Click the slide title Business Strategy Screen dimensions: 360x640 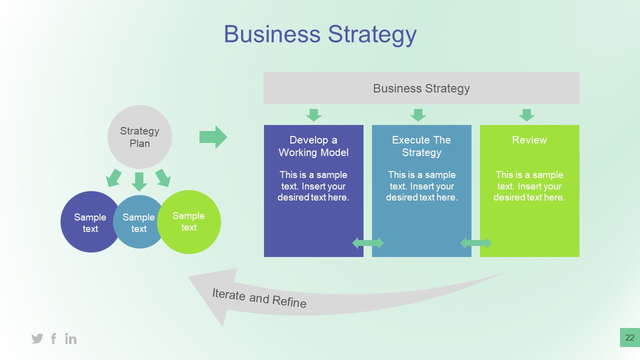tap(320, 34)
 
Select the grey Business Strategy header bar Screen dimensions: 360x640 tap(421, 88)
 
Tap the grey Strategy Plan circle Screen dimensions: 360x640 tap(139, 137)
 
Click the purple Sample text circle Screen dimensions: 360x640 tap(87, 222)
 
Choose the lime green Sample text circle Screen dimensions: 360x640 tap(189, 221)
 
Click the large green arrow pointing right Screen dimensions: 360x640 tap(213, 137)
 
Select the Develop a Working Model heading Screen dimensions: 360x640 tap(313, 146)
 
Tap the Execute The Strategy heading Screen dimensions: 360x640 tap(421, 146)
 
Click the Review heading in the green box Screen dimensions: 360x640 tap(529, 140)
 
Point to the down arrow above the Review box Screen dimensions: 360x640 tap(526, 115)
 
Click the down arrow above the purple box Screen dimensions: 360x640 tap(313, 115)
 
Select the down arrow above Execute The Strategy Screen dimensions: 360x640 tap(418, 115)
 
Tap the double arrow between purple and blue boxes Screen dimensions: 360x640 tap(368, 243)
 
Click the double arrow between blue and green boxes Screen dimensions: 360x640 tap(476, 243)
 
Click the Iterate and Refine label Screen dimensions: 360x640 tap(259, 298)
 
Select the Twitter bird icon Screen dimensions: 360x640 tap(37, 338)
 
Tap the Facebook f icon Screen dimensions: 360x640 tap(53, 338)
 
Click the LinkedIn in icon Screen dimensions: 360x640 tap(71, 338)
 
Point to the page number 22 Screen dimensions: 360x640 tap(629, 337)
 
